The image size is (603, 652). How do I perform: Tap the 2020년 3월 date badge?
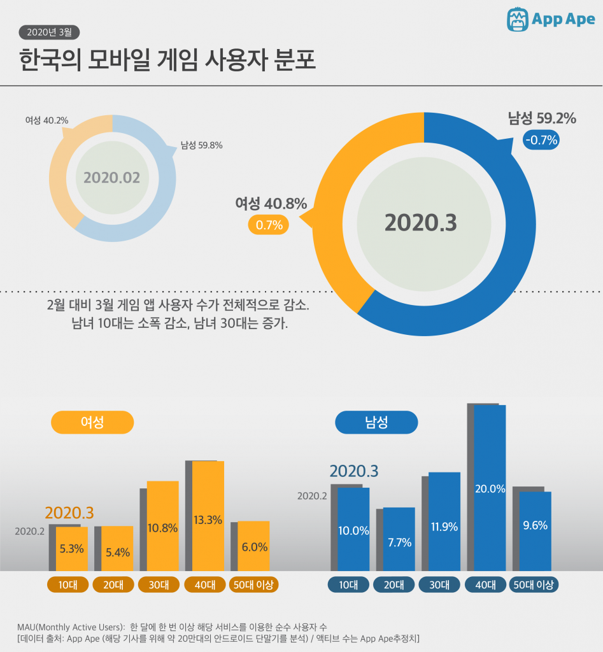click(x=50, y=32)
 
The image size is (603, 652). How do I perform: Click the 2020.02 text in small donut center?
click(x=111, y=178)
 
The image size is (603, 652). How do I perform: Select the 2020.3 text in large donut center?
click(x=421, y=223)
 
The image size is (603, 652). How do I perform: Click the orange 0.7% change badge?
click(x=268, y=225)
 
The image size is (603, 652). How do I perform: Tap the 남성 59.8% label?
click(x=201, y=145)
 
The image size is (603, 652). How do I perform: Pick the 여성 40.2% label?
click(x=46, y=120)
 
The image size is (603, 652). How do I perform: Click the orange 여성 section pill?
click(x=92, y=422)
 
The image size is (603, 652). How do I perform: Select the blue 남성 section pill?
click(x=376, y=422)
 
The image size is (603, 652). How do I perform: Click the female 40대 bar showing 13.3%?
click(x=208, y=516)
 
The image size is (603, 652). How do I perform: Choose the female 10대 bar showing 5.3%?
click(x=72, y=548)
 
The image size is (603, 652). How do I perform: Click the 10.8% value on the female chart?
click(x=162, y=528)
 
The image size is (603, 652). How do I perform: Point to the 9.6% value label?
click(x=535, y=526)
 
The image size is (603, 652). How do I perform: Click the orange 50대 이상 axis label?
click(x=254, y=585)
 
